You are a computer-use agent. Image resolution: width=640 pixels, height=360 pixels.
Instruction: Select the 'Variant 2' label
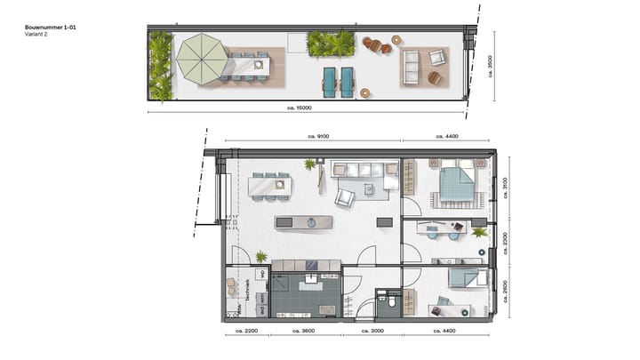[x=36, y=36]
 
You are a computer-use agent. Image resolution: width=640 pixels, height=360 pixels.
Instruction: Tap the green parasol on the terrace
[x=203, y=59]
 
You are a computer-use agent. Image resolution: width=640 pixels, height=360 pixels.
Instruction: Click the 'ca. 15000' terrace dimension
[x=305, y=108]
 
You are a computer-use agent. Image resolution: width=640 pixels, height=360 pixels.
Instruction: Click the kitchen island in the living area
[x=308, y=222]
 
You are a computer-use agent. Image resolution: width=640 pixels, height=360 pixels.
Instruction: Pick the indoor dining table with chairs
[x=270, y=186]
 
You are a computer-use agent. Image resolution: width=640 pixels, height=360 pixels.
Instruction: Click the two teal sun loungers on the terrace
[x=339, y=81]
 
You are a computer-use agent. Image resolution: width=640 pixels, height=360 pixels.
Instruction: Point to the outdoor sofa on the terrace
[x=412, y=68]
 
